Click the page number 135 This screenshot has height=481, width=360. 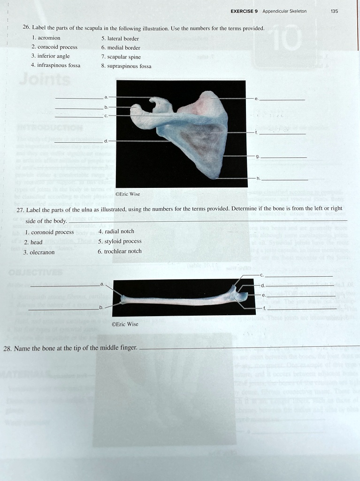tap(334, 11)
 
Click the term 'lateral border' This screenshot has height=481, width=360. tap(123, 39)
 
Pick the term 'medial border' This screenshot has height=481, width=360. tap(123, 47)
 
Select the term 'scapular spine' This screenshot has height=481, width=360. tap(124, 57)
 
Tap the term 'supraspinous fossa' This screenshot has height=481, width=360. tap(130, 66)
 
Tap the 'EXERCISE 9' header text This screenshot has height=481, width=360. tap(244, 11)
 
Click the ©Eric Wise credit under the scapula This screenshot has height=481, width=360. tap(127, 194)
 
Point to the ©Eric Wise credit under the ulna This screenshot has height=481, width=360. tap(125, 324)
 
